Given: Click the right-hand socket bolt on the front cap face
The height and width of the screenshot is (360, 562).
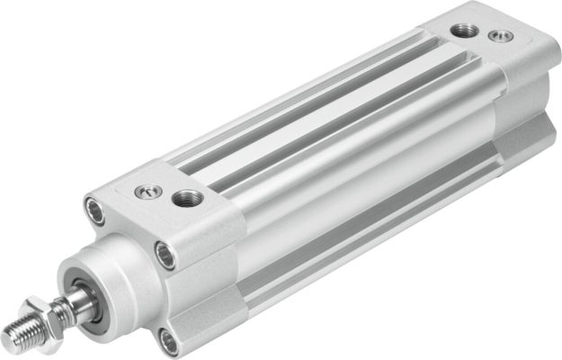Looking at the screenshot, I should [165, 254].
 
